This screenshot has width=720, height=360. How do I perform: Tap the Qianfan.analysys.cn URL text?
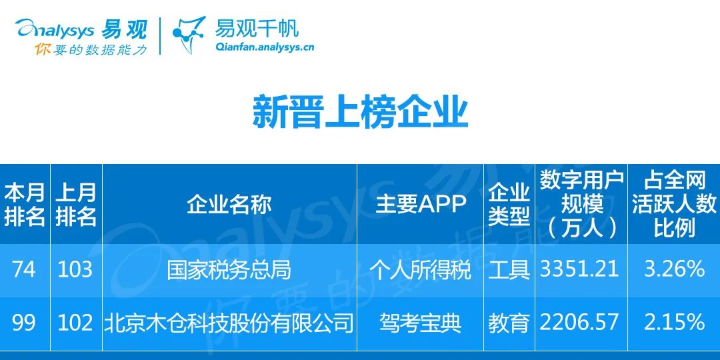(264, 47)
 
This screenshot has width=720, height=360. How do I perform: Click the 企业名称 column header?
(229, 204)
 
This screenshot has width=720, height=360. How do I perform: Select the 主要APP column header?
(420, 204)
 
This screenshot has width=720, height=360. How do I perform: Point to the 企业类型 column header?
(509, 204)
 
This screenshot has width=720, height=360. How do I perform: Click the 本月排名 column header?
(25, 204)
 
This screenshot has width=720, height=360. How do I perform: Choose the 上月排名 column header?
(76, 204)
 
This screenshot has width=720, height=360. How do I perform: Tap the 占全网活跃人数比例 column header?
(674, 204)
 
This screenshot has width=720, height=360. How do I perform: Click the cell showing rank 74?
(24, 269)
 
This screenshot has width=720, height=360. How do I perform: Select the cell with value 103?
(76, 269)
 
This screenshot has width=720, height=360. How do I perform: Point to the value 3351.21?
(579, 269)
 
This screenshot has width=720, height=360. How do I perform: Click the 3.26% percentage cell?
(674, 269)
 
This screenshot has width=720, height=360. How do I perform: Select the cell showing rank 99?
(24, 323)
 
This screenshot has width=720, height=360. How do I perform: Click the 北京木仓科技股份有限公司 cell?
(229, 323)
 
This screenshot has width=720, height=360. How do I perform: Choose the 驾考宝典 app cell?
(420, 323)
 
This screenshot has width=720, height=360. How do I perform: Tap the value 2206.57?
(579, 323)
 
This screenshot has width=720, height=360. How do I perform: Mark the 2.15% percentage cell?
(674, 323)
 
